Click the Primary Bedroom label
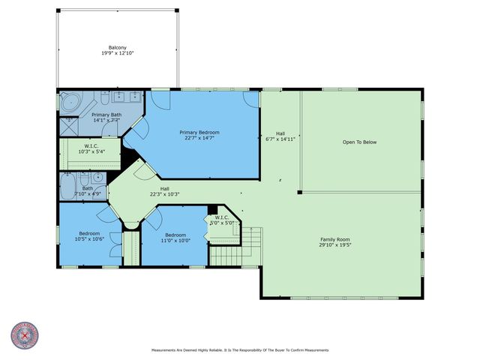coord(199,132)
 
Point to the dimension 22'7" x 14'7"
coord(199,139)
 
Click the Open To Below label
coord(360,141)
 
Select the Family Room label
coord(336,238)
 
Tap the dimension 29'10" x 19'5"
coord(336,244)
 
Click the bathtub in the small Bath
coord(67,184)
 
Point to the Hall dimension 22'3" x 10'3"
coord(164,194)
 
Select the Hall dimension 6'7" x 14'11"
coord(280,139)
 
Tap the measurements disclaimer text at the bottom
coord(240,349)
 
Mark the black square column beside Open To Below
coord(299,192)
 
